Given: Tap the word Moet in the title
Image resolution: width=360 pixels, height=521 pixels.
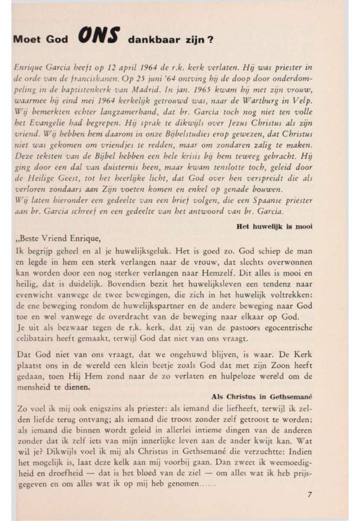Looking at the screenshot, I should coord(29,40).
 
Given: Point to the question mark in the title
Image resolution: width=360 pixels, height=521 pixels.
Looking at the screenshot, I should coord(210,40).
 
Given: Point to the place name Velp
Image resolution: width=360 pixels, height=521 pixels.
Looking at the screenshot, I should coord(303,101).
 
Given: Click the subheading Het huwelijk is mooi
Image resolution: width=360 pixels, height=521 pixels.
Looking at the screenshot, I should coord(274,226).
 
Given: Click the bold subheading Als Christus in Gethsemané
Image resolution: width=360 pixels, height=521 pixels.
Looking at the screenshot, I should coord(261,397).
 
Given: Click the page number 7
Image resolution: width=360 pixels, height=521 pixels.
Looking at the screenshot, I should coord(309,494).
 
